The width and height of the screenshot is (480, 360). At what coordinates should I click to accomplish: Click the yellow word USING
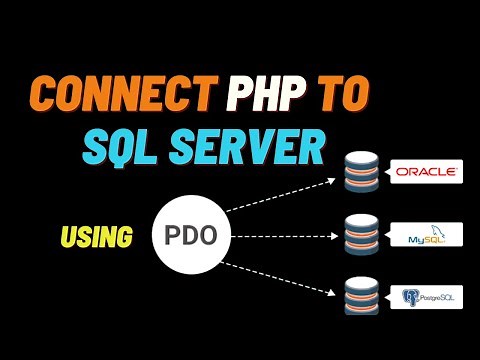97,237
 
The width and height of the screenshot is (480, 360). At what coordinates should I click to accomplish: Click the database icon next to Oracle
358,173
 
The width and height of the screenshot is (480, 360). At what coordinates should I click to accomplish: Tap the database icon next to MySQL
358,237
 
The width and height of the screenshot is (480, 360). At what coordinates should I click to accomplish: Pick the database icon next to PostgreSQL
358,298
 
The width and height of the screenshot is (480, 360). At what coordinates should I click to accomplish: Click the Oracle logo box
426,172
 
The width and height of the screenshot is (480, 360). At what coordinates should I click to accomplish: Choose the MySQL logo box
426,237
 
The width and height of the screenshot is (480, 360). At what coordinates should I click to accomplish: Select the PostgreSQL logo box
426,297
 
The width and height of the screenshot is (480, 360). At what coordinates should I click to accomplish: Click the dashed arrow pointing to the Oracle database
281,194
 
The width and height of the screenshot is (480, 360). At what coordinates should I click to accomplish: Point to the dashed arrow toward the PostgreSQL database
281,277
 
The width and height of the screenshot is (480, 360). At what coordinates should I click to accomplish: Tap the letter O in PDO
216,238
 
